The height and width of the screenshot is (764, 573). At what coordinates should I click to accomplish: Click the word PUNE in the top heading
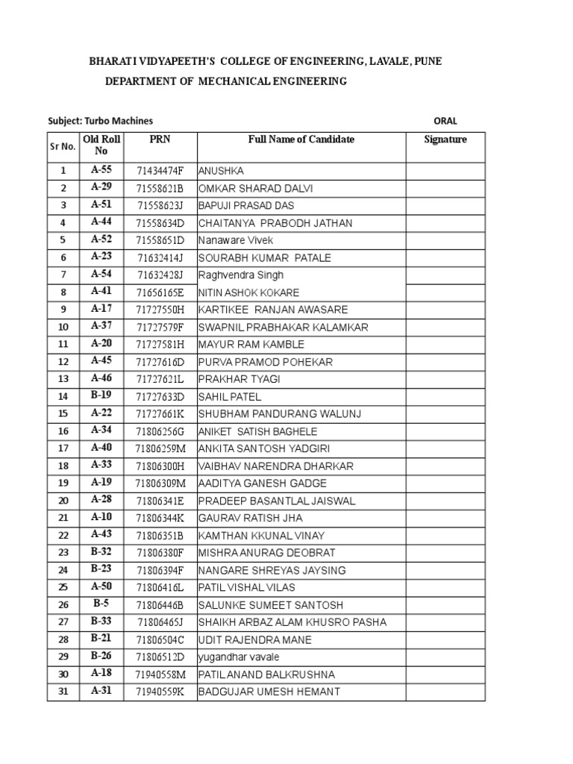point(428,61)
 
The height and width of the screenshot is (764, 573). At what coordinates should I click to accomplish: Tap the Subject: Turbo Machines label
point(100,121)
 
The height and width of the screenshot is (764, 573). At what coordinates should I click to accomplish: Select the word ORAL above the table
point(445,121)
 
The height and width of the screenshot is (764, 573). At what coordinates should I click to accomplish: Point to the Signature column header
point(445,140)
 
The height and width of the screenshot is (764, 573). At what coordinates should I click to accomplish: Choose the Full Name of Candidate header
point(301,140)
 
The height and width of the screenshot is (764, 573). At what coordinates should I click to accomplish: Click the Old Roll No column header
point(101,145)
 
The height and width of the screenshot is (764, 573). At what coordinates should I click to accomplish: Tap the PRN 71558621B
point(160,189)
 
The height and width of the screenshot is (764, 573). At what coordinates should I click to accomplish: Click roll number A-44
point(101,222)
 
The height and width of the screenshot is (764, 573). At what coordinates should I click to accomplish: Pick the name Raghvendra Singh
point(241,275)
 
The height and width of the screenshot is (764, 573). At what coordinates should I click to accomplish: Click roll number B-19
point(101,396)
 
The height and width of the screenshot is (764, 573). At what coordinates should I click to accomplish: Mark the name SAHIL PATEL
point(230,397)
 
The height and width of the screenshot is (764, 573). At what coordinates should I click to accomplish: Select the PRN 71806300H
point(160,466)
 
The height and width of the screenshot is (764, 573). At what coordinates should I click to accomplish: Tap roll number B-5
point(101,604)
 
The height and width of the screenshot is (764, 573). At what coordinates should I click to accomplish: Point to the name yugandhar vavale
point(239,657)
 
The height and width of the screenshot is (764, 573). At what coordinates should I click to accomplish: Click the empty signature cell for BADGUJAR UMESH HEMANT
point(445,692)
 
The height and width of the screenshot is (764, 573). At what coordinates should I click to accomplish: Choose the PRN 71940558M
point(160,674)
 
